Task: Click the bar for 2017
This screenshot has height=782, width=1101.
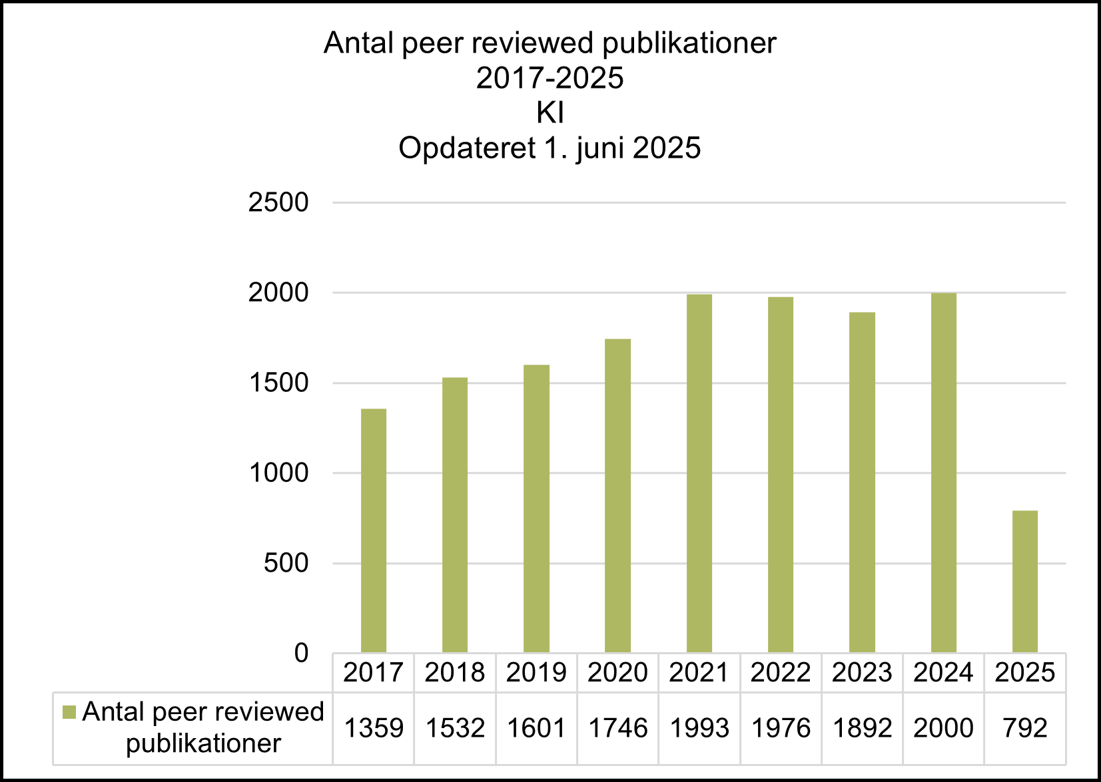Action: click(373, 530)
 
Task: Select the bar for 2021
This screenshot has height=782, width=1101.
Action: click(699, 473)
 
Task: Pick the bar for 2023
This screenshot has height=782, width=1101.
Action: click(862, 482)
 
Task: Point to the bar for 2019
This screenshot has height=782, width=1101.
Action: click(536, 508)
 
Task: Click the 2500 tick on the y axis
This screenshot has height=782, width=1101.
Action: click(278, 202)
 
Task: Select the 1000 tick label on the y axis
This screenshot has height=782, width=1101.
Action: click(278, 473)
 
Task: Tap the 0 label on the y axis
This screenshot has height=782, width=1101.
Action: click(301, 654)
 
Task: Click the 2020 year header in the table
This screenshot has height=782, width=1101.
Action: click(617, 673)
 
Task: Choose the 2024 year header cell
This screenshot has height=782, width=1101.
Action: click(943, 673)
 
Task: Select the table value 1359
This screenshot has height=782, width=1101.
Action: click(373, 728)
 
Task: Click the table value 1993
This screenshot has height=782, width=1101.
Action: click(699, 728)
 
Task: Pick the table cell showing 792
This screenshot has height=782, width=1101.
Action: click(1024, 728)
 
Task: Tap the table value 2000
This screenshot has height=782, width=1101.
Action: click(943, 728)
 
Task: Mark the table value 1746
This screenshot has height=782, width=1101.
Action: click(617, 728)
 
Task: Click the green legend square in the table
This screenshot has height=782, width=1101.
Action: click(69, 713)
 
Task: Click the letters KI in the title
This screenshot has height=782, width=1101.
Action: click(550, 113)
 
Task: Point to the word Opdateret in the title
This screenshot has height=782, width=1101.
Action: click(467, 148)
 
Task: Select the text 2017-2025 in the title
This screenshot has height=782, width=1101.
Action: click(550, 78)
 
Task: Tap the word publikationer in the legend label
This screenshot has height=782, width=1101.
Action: click(203, 743)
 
